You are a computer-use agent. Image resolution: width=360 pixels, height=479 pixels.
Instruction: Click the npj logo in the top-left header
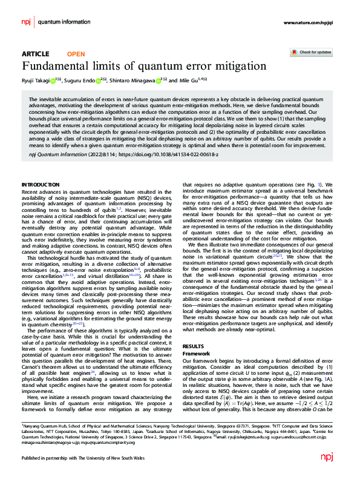pyautogui.click(x=26, y=22)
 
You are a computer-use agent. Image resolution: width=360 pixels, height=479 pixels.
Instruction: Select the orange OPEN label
pyautogui.click(x=76, y=54)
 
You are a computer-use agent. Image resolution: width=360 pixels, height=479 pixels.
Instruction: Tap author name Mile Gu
pyautogui.click(x=181, y=79)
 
